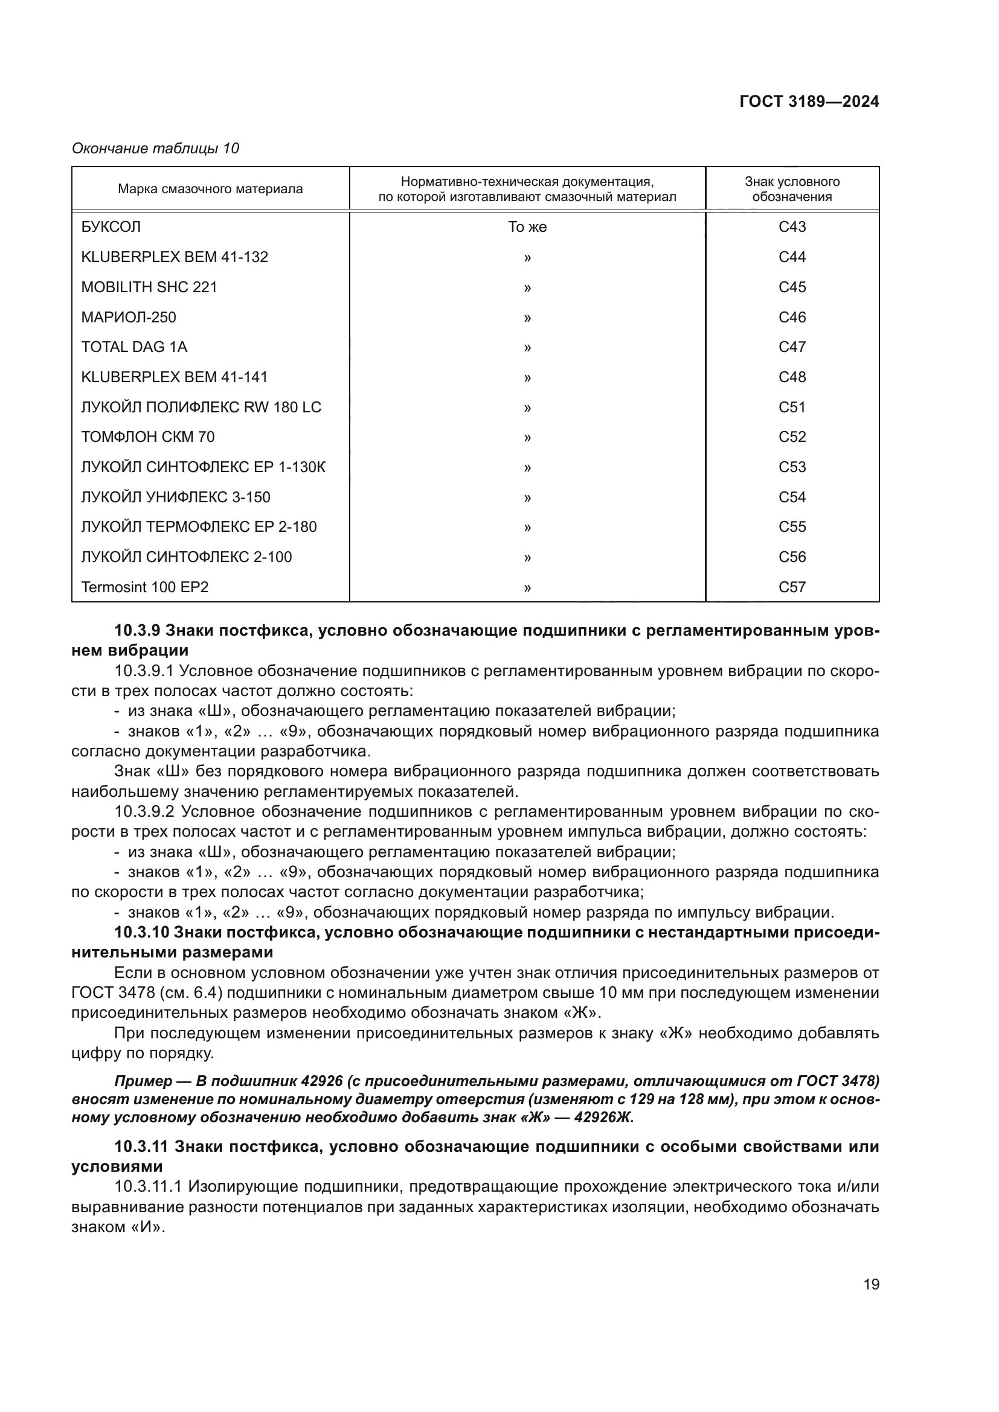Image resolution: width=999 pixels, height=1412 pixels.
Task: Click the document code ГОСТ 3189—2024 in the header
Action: [809, 101]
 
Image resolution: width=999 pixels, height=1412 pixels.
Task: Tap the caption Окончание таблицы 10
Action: [156, 149]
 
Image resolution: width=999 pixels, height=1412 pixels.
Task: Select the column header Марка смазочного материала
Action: [210, 189]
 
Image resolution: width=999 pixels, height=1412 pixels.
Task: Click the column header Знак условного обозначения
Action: [792, 189]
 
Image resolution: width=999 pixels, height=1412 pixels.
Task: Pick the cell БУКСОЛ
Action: [111, 227]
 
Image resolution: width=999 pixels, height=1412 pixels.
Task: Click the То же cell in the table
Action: [527, 227]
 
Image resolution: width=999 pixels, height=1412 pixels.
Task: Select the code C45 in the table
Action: [792, 287]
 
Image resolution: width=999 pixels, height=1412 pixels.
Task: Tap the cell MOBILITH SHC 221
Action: [149, 287]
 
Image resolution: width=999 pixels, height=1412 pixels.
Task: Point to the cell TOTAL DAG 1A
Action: [134, 347]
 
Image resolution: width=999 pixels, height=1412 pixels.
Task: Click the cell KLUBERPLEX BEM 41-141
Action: [175, 377]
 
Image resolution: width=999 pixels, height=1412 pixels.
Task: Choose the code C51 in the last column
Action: [792, 407]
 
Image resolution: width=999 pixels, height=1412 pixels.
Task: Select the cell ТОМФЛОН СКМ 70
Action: [148, 436]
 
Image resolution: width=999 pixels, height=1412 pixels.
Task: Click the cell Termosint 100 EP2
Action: [145, 587]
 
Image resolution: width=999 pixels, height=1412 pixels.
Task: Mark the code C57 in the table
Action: [792, 587]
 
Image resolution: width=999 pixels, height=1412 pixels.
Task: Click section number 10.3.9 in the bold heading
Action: [137, 630]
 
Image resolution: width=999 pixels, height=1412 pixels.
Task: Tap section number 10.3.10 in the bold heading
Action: [141, 932]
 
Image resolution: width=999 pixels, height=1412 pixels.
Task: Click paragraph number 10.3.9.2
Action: [144, 812]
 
